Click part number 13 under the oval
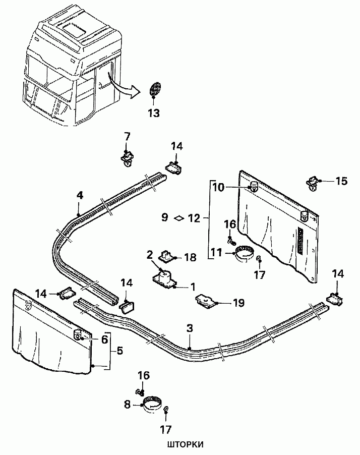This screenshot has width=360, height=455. click(154, 113)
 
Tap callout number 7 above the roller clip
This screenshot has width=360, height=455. click(127, 136)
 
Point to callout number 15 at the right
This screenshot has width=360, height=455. click(341, 181)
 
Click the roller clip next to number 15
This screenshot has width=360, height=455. click(313, 184)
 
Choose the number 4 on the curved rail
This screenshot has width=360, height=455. click(80, 196)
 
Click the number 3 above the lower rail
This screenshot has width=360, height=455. click(190, 328)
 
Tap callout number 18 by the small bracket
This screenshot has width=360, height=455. click(190, 257)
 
